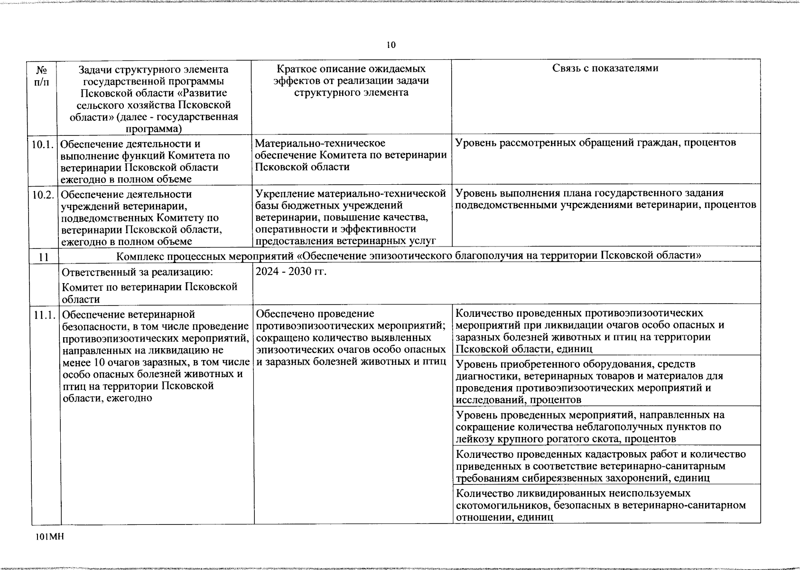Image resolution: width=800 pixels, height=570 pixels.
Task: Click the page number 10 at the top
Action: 391,45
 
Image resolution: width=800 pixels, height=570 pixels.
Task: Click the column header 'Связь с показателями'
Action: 605,68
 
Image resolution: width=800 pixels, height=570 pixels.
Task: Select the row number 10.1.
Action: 43,144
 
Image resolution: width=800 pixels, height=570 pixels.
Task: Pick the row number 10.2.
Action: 43,195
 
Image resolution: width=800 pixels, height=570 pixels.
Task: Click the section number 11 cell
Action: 44,257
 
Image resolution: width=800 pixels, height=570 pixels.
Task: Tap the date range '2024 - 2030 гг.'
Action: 291,272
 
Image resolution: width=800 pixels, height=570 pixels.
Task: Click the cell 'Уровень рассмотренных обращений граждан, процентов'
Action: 595,142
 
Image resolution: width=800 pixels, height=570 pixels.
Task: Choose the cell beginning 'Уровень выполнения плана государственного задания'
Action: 605,199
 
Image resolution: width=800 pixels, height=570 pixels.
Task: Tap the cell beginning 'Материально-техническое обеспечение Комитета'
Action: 351,155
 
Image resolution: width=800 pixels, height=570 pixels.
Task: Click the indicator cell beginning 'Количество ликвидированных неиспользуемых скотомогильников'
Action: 600,505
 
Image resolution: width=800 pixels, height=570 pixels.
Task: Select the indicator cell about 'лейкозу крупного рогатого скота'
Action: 590,427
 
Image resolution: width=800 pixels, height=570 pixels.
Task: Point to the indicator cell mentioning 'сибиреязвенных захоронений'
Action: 600,465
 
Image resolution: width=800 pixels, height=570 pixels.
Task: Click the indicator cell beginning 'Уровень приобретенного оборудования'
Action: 590,381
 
